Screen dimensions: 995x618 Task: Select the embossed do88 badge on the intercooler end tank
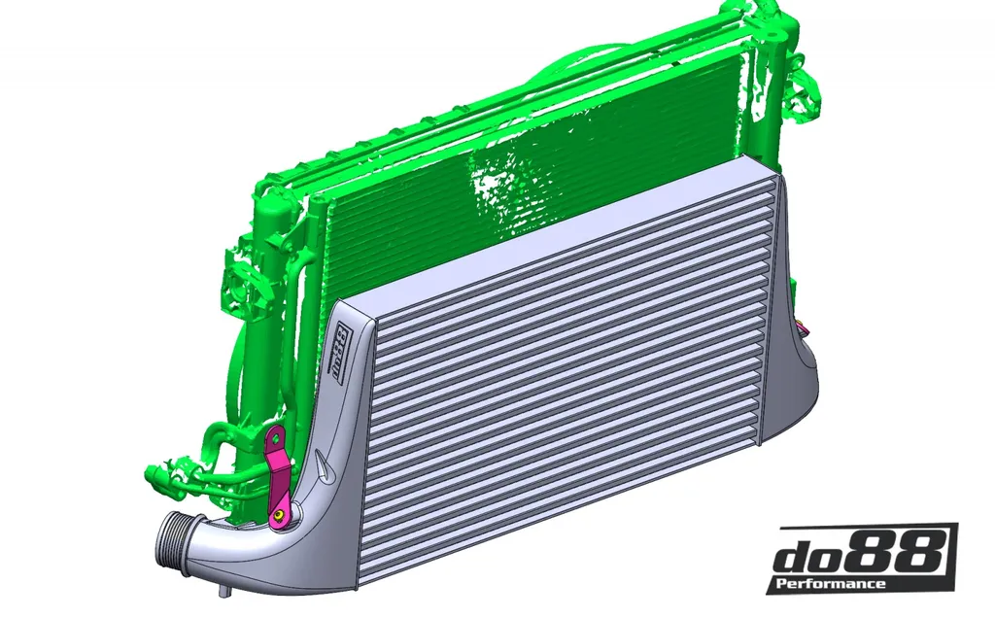pyautogui.click(x=341, y=352)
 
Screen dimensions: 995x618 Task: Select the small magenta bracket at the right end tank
pyautogui.click(x=804, y=328)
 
